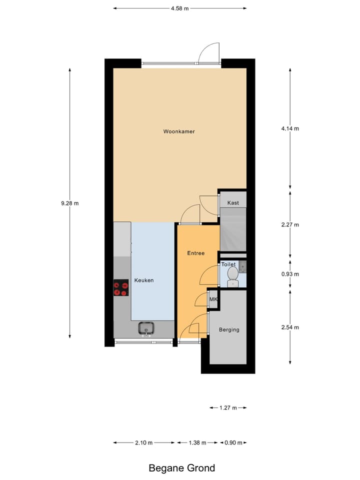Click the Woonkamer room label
coord(178,132)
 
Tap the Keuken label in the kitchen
coord(144,280)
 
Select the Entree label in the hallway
coord(196,253)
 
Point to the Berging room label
coord(229,330)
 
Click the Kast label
coord(233,203)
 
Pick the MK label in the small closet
coord(213,299)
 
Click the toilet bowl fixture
coord(232,276)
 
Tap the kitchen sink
coord(146,328)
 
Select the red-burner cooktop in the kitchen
coord(121,287)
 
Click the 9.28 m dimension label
coord(70,203)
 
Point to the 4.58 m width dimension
coord(180,8)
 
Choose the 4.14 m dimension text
coord(290,128)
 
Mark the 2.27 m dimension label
coord(290,224)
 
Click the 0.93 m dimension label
coord(290,274)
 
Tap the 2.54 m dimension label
coord(290,327)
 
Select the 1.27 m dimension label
coord(228,408)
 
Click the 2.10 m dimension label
coord(144,443)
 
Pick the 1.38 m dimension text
coord(197,443)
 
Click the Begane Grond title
coord(182,468)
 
